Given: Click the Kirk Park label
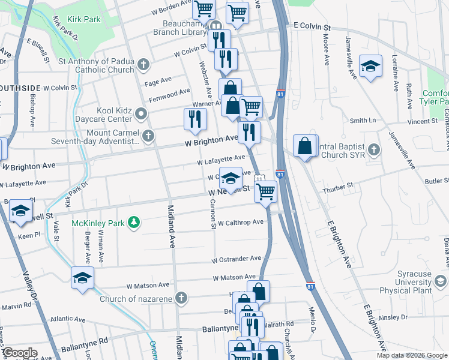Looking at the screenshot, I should pos(84,20).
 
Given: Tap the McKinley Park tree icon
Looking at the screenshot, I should pos(134,223).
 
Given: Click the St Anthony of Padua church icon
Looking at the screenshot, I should pos(143,64).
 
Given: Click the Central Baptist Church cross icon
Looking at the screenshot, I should pos(373,149).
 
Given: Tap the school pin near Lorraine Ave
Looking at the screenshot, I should pos(370,65).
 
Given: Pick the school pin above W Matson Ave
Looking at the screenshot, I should pos(82,277).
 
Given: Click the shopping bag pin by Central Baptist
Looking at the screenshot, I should pos(306,146).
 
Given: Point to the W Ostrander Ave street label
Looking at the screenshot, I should pos(236,259).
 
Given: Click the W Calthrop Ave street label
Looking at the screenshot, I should pos(241,223).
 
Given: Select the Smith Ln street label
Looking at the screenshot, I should pos(363,121).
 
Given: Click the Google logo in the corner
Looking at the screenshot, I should pos(20,353).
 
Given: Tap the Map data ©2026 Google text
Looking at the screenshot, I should pos(411,355).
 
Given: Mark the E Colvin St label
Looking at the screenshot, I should pos(312,28).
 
